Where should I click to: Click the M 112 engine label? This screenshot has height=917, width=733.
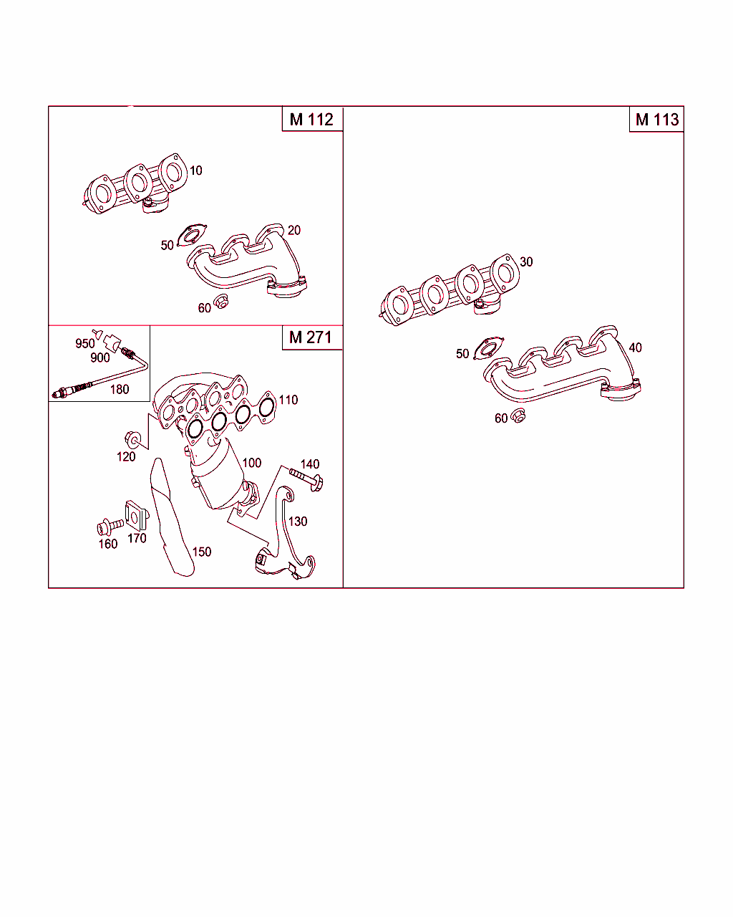[311, 120]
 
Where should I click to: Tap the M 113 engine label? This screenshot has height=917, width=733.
[657, 120]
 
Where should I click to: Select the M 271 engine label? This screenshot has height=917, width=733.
[311, 337]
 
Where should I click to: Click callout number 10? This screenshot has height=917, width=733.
[196, 171]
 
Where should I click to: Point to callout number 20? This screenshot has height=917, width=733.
[294, 230]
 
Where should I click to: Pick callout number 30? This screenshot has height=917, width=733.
[526, 261]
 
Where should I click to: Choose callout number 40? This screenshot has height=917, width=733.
[636, 347]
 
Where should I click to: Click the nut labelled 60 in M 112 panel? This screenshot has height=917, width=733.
[221, 302]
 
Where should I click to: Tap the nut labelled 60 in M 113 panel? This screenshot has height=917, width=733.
[518, 416]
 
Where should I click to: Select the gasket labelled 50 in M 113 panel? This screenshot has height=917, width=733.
[488, 348]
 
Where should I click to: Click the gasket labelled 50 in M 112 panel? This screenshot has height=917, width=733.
[193, 235]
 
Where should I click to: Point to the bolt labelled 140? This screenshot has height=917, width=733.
[306, 479]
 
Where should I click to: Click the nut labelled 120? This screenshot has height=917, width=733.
[133, 439]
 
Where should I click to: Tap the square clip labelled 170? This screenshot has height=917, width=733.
[137, 516]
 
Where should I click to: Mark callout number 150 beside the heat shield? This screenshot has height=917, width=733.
[202, 552]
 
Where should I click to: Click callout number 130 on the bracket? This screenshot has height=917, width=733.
[298, 522]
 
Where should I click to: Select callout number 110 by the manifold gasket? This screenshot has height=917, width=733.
[288, 400]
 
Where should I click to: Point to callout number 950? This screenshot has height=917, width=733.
[84, 343]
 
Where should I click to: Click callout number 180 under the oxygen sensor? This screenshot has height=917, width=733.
[120, 389]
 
